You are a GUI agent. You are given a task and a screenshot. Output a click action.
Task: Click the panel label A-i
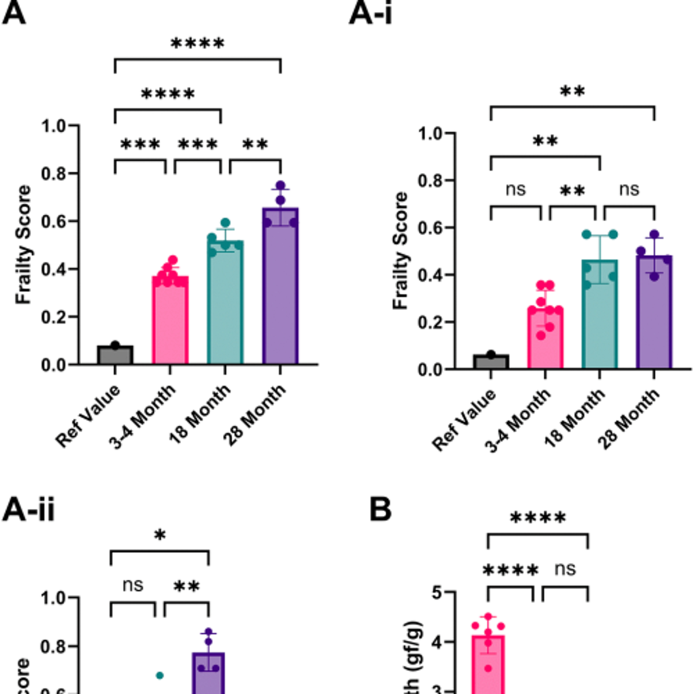point(370,14)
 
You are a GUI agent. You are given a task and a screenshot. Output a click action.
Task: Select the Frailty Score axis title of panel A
point(24,245)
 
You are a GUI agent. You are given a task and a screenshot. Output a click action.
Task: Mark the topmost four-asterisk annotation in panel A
point(198,44)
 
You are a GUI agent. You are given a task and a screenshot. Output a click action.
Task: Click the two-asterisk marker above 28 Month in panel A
point(255,145)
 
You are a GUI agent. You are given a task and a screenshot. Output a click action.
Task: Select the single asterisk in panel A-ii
point(160,535)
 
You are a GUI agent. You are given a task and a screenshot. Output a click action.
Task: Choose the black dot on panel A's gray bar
point(115,345)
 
